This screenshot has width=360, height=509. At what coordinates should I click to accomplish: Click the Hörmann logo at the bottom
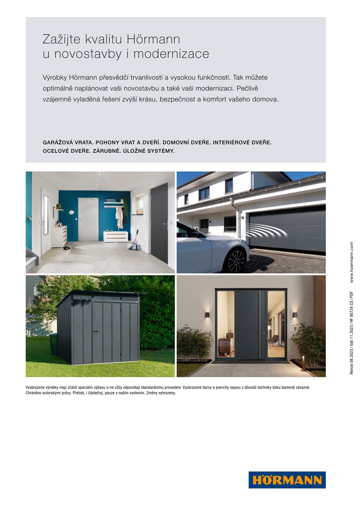pyautogui.click(x=287, y=480)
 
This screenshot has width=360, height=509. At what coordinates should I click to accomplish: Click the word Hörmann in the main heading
pyautogui.click(x=153, y=39)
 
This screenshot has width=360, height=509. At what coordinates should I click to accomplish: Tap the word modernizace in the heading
pyautogui.click(x=171, y=54)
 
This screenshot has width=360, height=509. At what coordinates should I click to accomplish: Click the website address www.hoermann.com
pyautogui.click(x=352, y=262)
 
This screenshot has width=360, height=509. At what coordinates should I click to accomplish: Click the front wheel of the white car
pyautogui.click(x=236, y=261)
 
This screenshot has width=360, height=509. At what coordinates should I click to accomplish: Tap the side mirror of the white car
pyautogui.click(x=194, y=233)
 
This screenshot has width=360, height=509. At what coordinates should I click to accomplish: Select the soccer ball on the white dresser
pyautogui.click(x=60, y=225)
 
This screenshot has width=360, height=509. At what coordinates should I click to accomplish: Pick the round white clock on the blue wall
pyautogui.click(x=71, y=212)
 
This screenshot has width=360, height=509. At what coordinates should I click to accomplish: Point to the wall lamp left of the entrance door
pyautogui.click(x=207, y=315)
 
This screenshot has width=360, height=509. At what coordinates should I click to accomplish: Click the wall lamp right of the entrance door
pyautogui.click(x=294, y=315)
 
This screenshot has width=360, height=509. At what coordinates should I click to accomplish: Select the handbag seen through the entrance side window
pyautogui.click(x=230, y=334)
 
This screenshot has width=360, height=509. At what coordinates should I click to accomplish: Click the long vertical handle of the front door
pyautogui.click(x=260, y=325)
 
